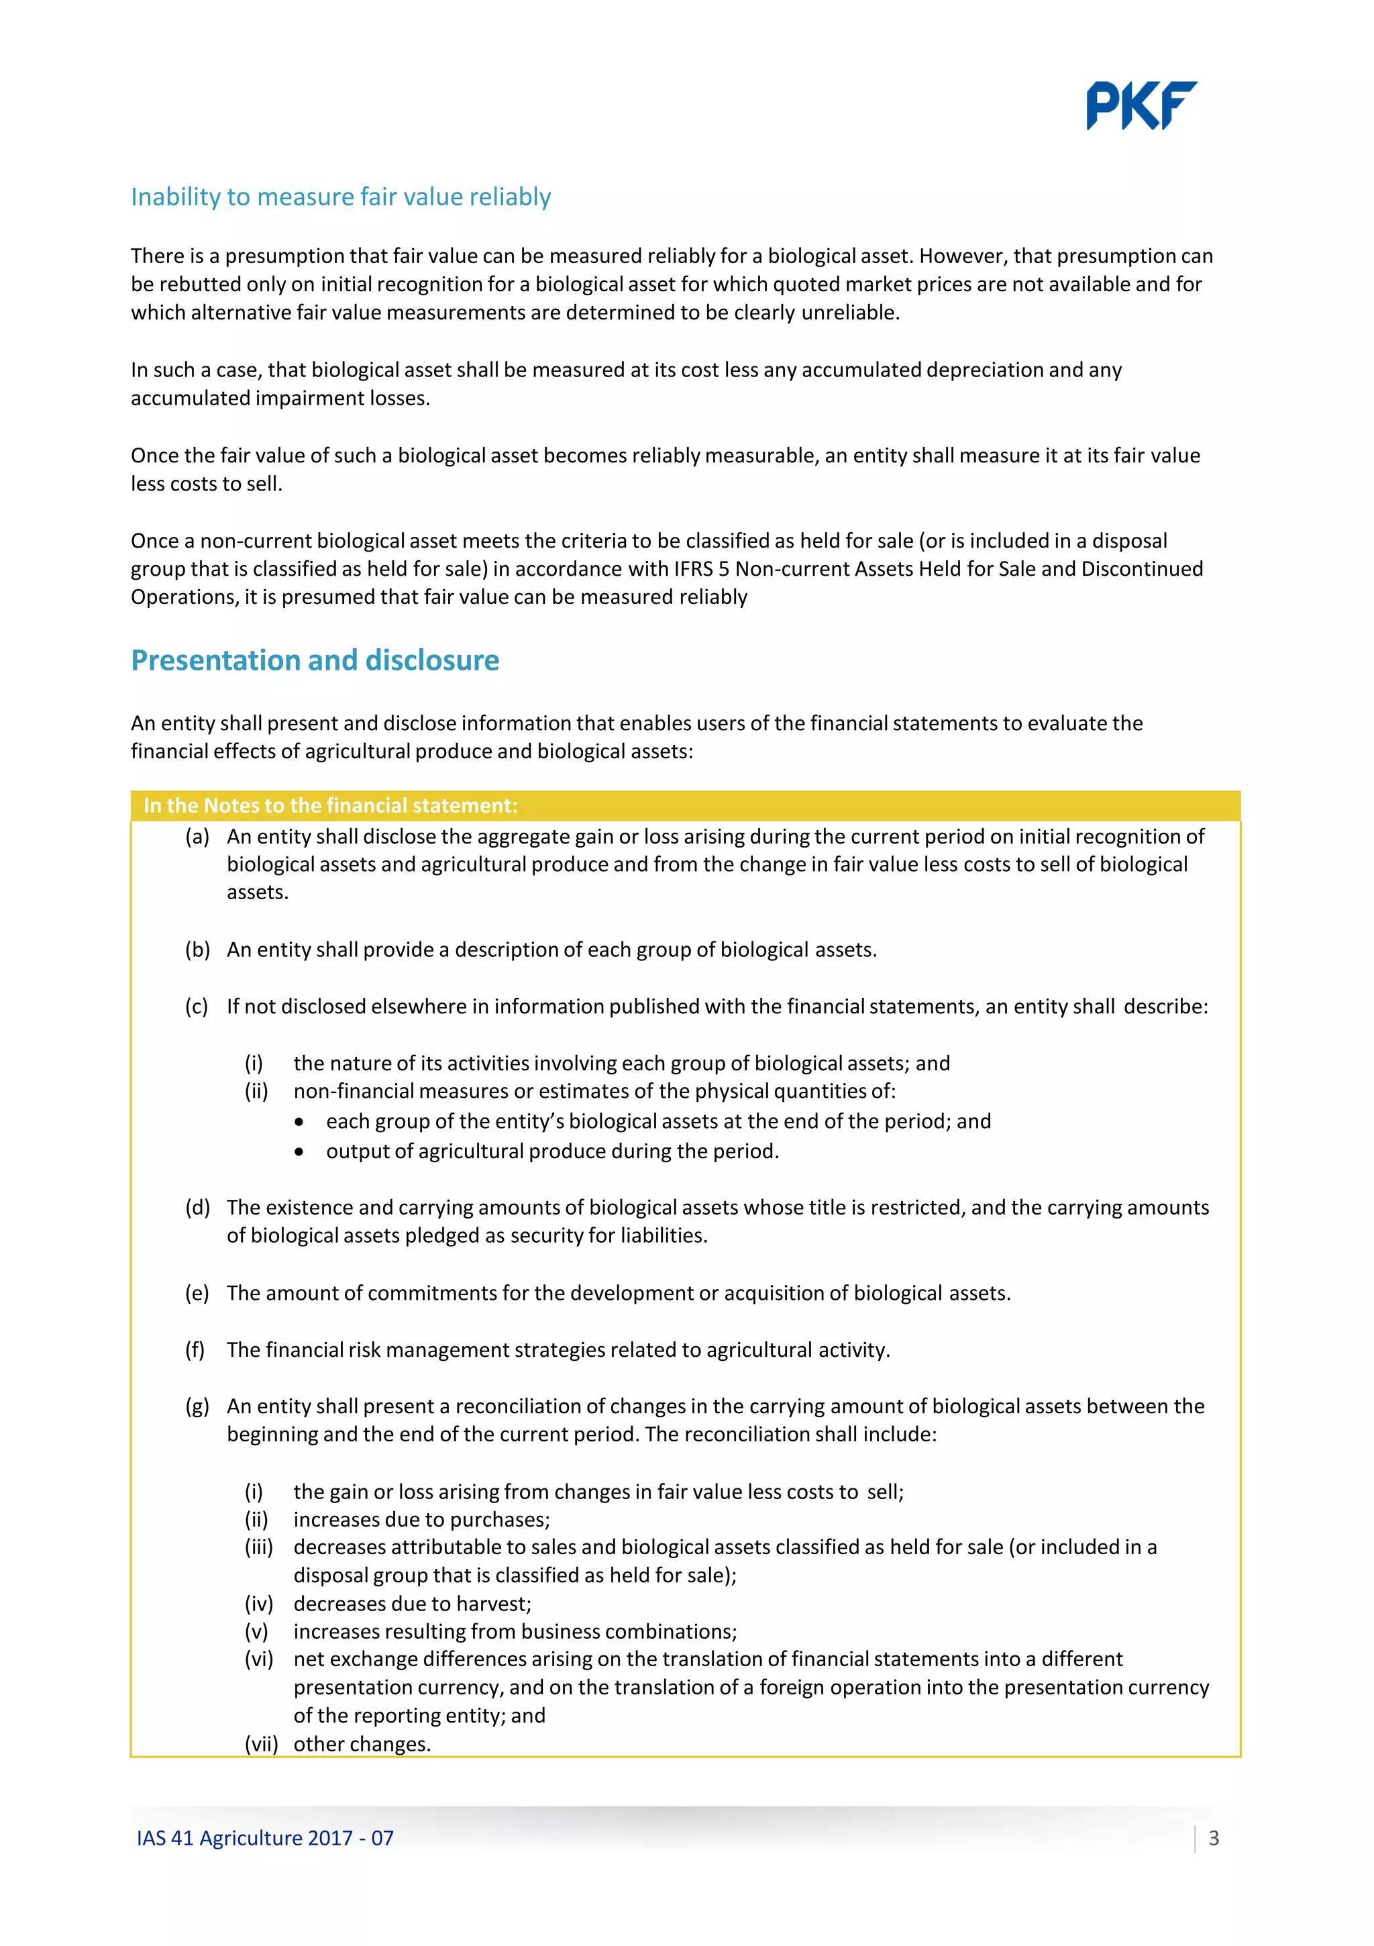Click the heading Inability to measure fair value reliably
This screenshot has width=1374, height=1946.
341,197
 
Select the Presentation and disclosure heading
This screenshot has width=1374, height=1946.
315,660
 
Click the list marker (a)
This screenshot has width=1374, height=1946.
197,837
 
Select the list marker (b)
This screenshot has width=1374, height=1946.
197,950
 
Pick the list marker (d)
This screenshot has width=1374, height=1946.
197,1207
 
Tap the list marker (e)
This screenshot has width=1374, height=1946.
197,1292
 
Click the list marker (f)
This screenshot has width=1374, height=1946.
196,1349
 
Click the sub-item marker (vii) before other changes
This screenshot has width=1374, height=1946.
261,1743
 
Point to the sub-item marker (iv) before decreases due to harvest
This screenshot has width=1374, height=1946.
258,1604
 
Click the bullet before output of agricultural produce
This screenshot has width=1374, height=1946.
299,1152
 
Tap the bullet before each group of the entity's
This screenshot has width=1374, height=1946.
299,1122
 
